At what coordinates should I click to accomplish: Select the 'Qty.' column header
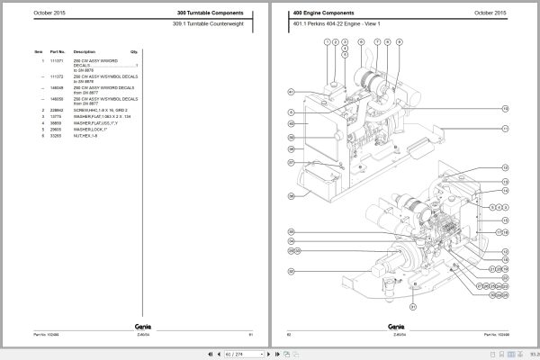(x=133, y=52)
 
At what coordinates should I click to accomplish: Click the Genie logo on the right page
(x=396, y=326)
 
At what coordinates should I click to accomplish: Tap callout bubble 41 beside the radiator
(x=291, y=92)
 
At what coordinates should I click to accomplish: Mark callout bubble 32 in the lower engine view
(x=291, y=270)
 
